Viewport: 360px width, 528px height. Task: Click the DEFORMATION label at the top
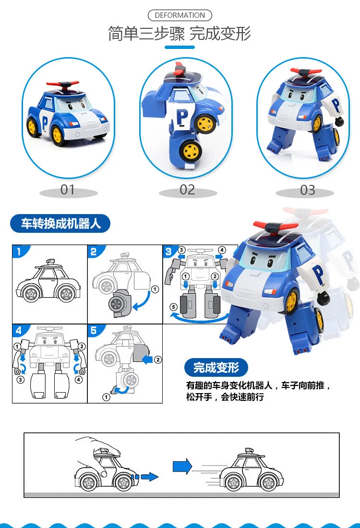(x=180, y=15)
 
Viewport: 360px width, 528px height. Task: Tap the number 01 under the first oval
(x=67, y=190)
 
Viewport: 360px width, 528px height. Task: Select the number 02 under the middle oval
(x=187, y=190)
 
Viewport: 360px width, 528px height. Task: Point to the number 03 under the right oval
(x=308, y=190)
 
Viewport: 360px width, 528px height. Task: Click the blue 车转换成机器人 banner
(x=60, y=223)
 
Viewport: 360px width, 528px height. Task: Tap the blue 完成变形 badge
(x=216, y=367)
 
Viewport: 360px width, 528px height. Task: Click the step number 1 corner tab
(x=20, y=251)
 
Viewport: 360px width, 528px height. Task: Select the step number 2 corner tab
(x=95, y=251)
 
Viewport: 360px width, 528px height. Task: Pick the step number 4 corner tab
(x=20, y=330)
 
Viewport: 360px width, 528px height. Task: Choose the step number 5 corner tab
(x=95, y=330)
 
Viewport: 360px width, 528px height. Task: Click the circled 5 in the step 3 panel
(x=173, y=307)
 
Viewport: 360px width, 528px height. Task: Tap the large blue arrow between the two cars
(x=182, y=467)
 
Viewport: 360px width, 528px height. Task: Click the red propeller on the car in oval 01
(x=62, y=84)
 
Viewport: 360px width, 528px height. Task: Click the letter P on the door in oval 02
(x=182, y=117)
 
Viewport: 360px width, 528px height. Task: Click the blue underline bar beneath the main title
(x=180, y=47)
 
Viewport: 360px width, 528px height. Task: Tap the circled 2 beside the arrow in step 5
(x=158, y=360)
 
